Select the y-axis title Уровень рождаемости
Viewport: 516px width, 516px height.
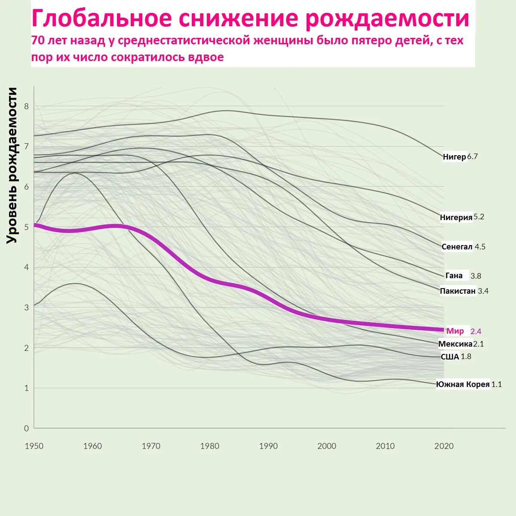pos(12,166)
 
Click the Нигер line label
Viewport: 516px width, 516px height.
pos(454,157)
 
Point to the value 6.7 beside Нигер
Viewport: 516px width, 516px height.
pos(472,157)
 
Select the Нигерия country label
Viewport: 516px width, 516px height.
pos(456,218)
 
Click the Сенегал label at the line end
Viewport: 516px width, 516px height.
pos(457,247)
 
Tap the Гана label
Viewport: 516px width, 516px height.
pos(454,276)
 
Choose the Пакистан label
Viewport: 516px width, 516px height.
pos(458,291)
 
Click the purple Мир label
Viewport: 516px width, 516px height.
pos(455,331)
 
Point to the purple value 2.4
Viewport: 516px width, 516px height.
pos(476,332)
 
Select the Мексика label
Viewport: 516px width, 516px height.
pos(455,344)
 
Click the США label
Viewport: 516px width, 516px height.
pos(450,356)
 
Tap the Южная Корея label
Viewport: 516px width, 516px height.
pos(463,384)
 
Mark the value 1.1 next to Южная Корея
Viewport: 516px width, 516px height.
pos(497,384)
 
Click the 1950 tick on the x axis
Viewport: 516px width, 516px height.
pos(34,446)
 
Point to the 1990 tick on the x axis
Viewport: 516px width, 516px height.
pos(268,446)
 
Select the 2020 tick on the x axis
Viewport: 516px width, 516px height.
pos(444,446)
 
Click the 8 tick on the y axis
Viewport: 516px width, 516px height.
pos(26,106)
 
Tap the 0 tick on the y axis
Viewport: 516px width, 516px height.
pos(26,428)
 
